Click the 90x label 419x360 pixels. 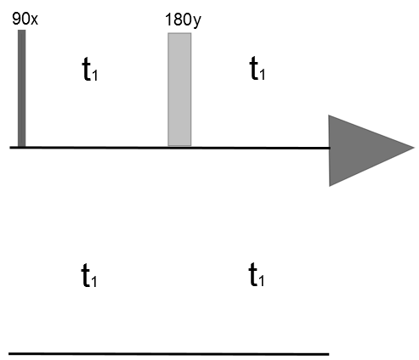(25, 19)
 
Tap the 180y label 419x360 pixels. (183, 20)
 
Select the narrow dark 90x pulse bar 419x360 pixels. (22, 88)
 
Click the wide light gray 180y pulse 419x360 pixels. (179, 89)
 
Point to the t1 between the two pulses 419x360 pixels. (90, 69)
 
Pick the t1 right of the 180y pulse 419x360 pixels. (258, 68)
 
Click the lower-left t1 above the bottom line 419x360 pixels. (89, 275)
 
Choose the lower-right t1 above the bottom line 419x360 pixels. (257, 274)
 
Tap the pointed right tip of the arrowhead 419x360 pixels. (414, 148)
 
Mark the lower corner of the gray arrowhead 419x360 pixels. (330, 186)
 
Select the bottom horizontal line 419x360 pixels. (169, 354)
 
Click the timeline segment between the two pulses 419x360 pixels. (97, 148)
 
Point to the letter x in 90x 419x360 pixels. (34, 20)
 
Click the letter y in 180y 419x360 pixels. (196, 22)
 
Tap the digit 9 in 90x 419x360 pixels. (16, 19)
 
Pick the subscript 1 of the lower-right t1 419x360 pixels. (262, 280)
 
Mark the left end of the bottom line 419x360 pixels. (9, 354)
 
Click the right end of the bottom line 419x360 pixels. (329, 354)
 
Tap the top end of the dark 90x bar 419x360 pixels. (22, 31)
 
